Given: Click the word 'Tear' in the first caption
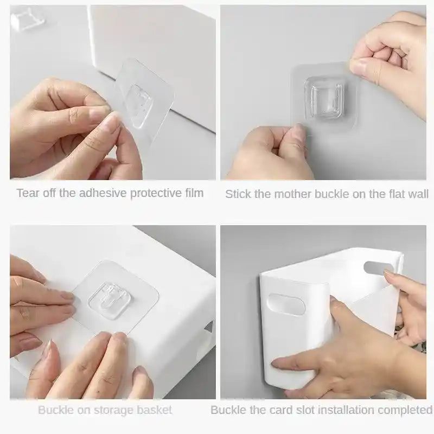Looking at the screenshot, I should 27,193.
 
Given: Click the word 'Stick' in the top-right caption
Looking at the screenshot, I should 237,194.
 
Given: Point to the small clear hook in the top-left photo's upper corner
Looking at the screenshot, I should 25,20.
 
